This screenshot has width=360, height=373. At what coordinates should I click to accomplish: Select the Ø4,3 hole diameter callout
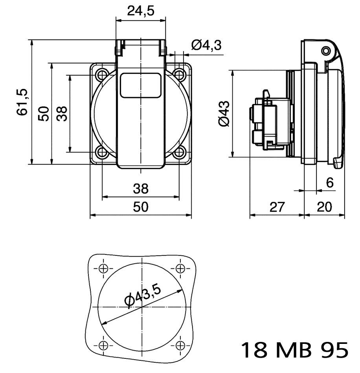[206, 46]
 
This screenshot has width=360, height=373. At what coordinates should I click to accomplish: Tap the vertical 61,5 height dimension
[23, 102]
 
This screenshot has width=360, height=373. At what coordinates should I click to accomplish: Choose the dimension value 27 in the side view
[277, 207]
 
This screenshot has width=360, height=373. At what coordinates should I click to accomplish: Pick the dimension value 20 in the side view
[325, 207]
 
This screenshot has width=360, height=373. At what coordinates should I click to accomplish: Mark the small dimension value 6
[330, 183]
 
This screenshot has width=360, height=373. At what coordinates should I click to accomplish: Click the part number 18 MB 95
[294, 350]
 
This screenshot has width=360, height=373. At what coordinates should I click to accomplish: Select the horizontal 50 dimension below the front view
[140, 207]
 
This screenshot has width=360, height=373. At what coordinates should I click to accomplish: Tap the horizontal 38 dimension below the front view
[140, 189]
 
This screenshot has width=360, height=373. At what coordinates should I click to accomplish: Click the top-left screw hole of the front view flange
[102, 74]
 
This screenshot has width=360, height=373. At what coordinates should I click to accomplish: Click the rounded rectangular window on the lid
[140, 85]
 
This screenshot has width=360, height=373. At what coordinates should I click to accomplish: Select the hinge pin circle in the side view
[326, 51]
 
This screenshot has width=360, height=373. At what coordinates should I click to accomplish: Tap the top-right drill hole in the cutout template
[180, 268]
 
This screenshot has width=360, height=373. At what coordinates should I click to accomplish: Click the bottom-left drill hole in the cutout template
[103, 345]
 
